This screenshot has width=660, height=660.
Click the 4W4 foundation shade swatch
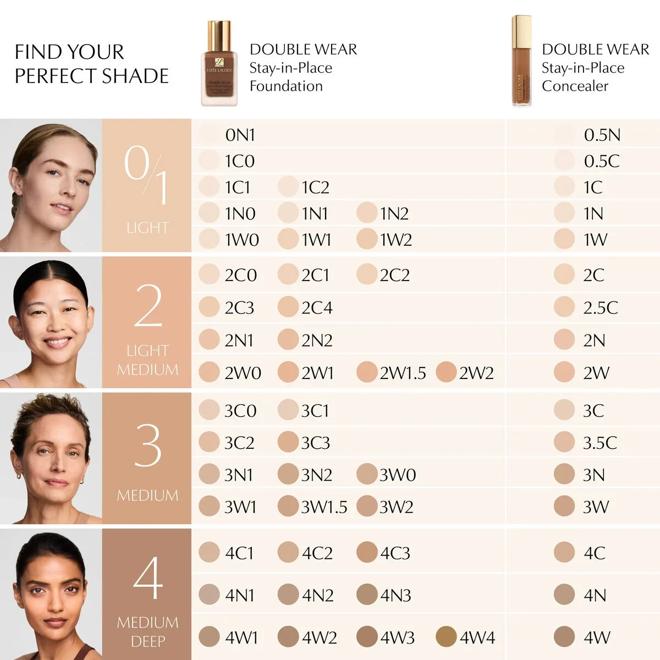[446, 637]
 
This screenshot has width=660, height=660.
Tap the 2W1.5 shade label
[403, 373]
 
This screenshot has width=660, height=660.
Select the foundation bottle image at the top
[219, 63]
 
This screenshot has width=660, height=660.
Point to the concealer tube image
[521, 61]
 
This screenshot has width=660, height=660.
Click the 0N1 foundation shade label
[240, 135]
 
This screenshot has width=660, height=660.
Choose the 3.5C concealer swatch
[564, 442]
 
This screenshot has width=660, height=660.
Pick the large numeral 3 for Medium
[147, 446]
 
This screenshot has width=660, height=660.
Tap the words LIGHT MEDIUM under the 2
[147, 360]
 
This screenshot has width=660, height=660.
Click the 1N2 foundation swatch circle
[367, 213]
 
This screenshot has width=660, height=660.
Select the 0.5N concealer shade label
[602, 135]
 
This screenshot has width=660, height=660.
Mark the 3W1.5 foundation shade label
[324, 507]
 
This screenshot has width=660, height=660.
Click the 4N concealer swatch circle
[564, 595]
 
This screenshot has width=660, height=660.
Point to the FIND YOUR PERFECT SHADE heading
[91, 64]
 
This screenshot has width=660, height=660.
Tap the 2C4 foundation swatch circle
[288, 307]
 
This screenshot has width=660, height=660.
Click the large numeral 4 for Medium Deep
[147, 577]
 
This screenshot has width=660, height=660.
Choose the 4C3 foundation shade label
[395, 553]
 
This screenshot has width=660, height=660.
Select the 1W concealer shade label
[595, 240]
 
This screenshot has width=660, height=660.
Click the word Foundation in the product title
[286, 86]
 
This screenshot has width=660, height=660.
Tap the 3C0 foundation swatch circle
[209, 410]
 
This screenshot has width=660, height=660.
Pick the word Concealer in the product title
[575, 86]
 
